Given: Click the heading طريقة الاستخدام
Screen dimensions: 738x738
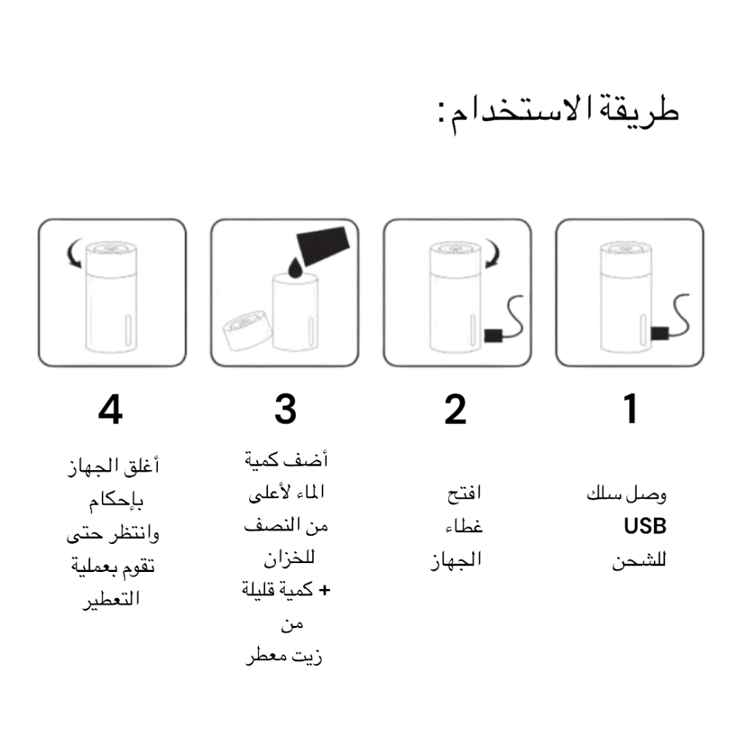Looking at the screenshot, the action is pyautogui.click(x=558, y=113).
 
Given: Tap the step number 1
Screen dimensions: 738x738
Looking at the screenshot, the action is pyautogui.click(x=631, y=409).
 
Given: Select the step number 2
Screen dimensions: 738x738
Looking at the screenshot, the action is pyautogui.click(x=455, y=410).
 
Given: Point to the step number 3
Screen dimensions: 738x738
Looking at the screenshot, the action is pyautogui.click(x=286, y=410).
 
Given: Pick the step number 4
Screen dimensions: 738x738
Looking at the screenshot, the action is pyautogui.click(x=111, y=410).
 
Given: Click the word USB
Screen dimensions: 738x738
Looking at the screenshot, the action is pyautogui.click(x=645, y=526).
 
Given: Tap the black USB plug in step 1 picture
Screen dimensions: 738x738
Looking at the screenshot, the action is pyautogui.click(x=660, y=334).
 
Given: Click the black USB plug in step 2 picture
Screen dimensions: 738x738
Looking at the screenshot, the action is pyautogui.click(x=493, y=336).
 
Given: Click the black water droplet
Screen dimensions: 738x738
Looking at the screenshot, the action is pyautogui.click(x=295, y=267).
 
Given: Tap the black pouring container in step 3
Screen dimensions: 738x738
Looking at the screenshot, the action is pyautogui.click(x=323, y=245).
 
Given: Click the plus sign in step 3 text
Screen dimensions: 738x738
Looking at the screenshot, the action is pyautogui.click(x=324, y=590).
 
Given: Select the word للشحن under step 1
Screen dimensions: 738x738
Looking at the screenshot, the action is pyautogui.click(x=639, y=560).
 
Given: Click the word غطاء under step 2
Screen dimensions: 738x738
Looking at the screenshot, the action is pyautogui.click(x=464, y=527).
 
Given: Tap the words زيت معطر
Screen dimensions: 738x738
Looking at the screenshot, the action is pyautogui.click(x=284, y=655).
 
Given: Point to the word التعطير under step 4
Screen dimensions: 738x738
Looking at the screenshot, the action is pyautogui.click(x=111, y=600).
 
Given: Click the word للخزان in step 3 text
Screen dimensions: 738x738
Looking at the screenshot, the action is pyautogui.click(x=289, y=558).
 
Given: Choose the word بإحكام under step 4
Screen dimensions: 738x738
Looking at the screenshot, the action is pyautogui.click(x=117, y=501).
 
